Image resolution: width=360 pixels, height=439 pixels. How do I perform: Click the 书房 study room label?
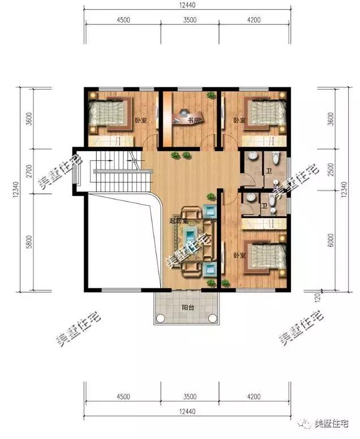[x=194, y=121]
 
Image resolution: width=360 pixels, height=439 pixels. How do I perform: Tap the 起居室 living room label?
[x=179, y=221]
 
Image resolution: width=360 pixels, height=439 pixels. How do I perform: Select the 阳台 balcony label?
[x=188, y=308]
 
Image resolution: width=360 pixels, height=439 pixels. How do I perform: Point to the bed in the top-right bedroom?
[x=265, y=113]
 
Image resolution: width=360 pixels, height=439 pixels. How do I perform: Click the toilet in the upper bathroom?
[x=276, y=158]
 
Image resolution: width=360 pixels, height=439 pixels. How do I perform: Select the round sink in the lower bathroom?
[x=251, y=198]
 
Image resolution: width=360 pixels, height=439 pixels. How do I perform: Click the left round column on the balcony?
[x=160, y=318]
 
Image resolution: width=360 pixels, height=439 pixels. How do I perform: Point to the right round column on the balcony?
[x=213, y=318]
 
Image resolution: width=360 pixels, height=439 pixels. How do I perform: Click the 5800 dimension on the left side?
[x=29, y=242]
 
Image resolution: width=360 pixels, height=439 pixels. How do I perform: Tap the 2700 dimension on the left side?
[x=29, y=171]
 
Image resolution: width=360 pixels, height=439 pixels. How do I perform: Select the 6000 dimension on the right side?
[x=331, y=240]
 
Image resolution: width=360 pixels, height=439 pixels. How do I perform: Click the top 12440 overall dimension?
[x=187, y=5]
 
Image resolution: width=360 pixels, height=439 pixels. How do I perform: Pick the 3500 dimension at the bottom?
[x=190, y=397]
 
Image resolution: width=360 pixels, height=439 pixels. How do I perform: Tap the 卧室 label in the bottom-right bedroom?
[x=240, y=255]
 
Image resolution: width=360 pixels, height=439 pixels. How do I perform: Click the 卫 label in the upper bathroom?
[x=269, y=171]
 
